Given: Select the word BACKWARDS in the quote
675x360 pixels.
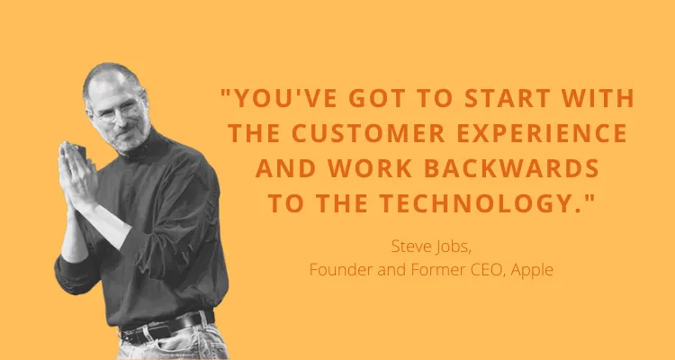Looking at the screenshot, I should (515, 167).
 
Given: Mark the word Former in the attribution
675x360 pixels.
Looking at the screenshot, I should (427, 267).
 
